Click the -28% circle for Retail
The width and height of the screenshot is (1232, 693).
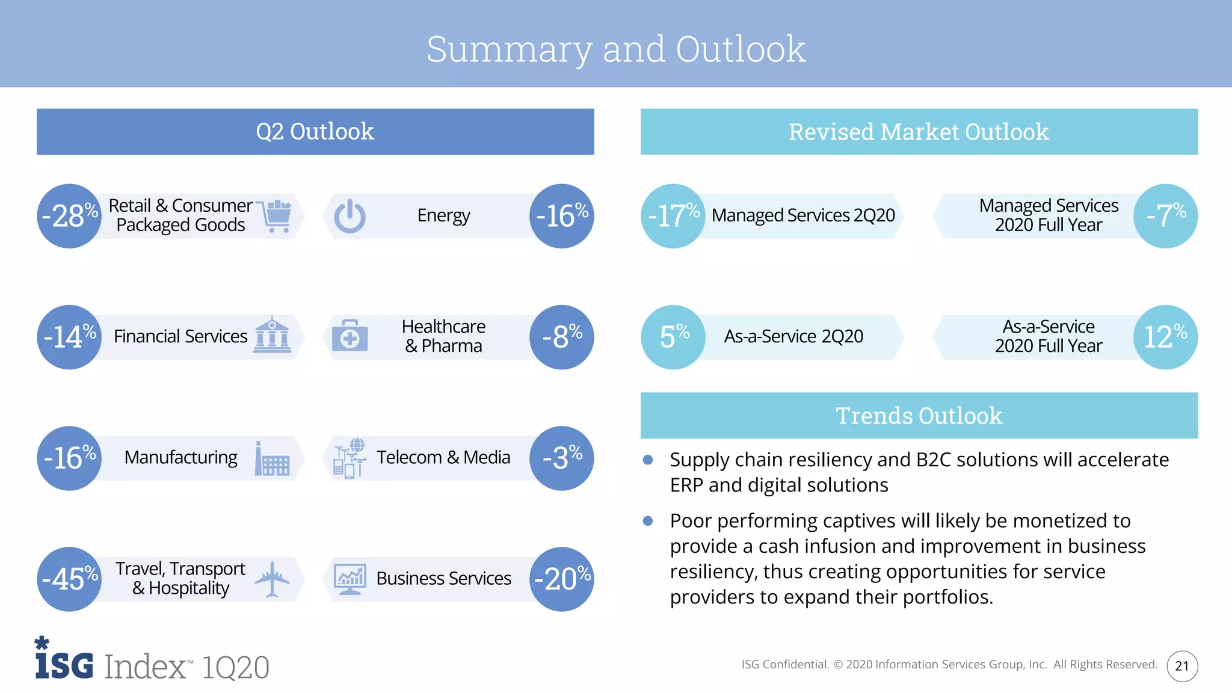(69, 216)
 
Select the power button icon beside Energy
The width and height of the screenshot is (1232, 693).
(350, 216)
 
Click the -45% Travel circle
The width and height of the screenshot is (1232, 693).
(69, 579)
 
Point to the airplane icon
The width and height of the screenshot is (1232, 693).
(273, 579)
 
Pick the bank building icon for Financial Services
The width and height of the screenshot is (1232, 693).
(272, 335)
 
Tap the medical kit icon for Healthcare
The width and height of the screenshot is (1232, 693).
(350, 336)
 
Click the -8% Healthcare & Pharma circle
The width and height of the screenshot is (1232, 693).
(561, 337)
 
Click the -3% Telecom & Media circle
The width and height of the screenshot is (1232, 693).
(561, 458)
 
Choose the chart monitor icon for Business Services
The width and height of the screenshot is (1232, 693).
(350, 579)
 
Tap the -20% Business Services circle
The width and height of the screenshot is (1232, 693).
(561, 579)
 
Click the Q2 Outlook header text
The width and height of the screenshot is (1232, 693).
(315, 132)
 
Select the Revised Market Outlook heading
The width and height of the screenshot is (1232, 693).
(919, 132)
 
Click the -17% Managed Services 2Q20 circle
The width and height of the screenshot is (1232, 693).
(673, 216)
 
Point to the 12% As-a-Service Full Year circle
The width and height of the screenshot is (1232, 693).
(1165, 337)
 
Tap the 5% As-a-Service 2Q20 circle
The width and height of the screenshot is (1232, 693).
(673, 337)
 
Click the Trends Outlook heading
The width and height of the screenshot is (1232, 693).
(919, 416)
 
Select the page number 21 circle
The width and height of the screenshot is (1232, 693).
(1182, 666)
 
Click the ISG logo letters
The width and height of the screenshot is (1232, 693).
(64, 664)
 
